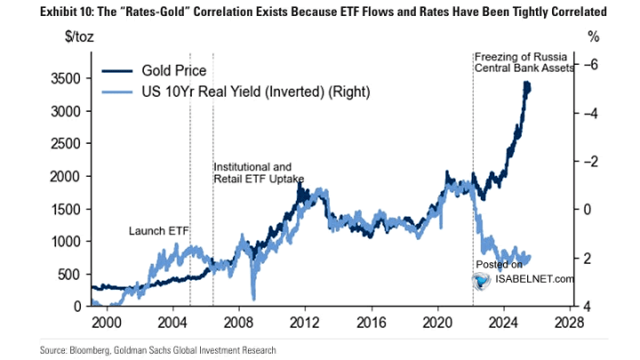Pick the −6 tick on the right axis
tap(589, 64)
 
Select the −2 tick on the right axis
tap(589, 161)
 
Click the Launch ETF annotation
tap(160, 230)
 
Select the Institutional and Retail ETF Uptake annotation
tap(259, 172)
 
